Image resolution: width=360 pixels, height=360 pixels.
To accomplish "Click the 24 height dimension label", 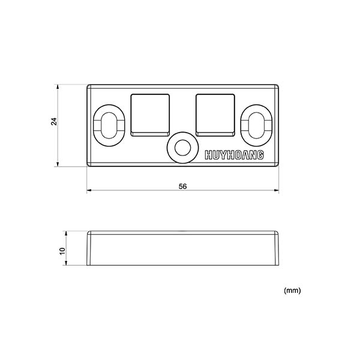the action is coord(54,121).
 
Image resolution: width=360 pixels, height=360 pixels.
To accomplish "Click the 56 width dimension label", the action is coord(183,187).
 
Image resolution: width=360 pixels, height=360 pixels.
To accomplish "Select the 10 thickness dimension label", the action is coord(62,251).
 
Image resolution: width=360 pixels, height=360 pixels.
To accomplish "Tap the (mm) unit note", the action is coord(292,290).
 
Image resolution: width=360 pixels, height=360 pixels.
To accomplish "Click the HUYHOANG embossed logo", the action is coord(234,155).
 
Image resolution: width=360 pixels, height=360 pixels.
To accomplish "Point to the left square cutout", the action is coord(150,115).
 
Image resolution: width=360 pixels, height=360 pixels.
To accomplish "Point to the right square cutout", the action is coord(215,115).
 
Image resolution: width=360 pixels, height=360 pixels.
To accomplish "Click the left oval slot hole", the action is coord(110,125).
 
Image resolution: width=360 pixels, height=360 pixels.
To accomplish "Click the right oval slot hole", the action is coord(256,125).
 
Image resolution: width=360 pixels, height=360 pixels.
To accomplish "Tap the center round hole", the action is coord(183,148).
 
